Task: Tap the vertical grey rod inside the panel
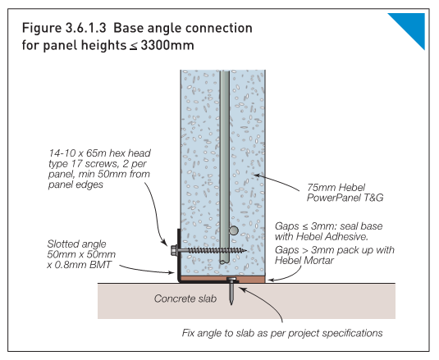point(224,164)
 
